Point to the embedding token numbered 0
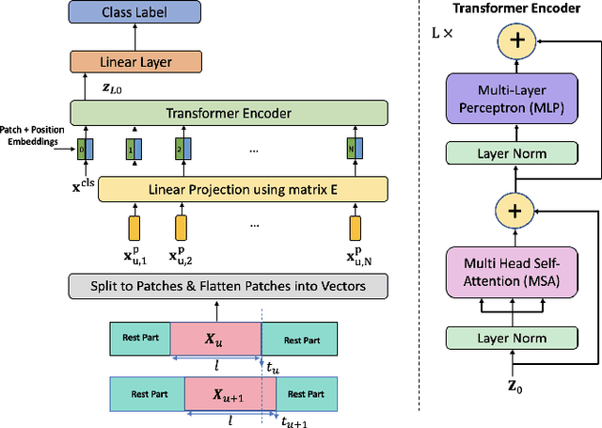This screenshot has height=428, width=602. (86, 149)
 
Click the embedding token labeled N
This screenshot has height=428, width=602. (355, 149)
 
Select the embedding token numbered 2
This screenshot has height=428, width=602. (180, 149)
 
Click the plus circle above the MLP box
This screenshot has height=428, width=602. (514, 40)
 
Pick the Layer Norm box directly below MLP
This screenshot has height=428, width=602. (514, 152)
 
